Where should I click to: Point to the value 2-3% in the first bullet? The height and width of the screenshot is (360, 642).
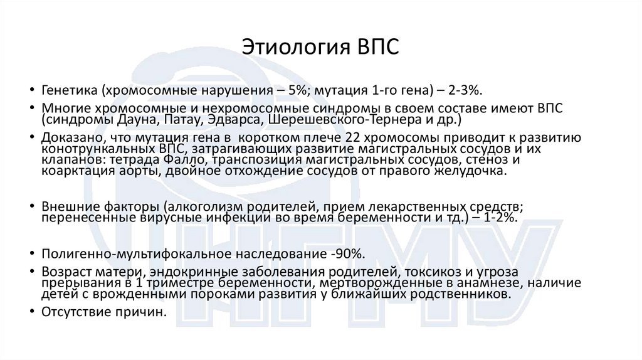pos(465,90)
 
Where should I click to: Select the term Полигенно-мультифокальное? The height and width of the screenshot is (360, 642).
pos(122,254)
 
